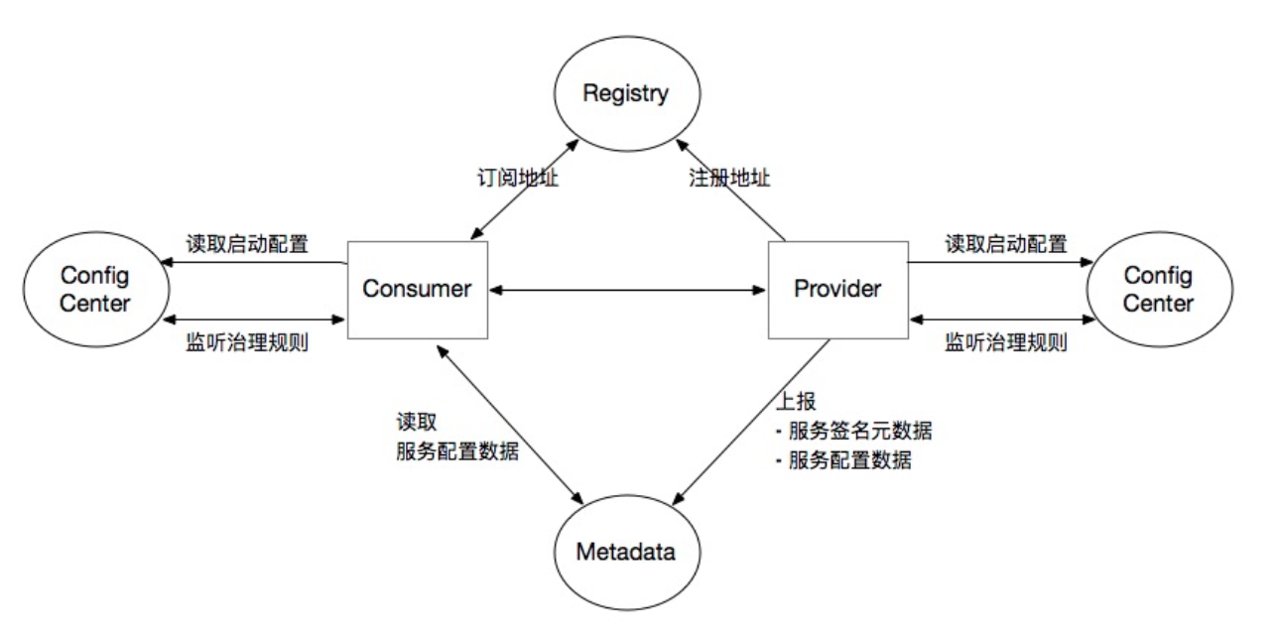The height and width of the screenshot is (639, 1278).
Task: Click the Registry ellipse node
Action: [x=627, y=93]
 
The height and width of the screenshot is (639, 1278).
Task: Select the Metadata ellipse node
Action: [x=627, y=553]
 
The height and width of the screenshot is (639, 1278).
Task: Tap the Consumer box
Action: [x=418, y=290]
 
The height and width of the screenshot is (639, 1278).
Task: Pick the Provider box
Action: [x=838, y=290]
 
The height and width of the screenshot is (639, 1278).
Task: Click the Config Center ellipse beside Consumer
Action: [x=96, y=290]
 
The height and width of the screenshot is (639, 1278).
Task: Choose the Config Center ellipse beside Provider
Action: [x=1159, y=290]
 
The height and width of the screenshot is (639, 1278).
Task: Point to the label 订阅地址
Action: [x=518, y=178]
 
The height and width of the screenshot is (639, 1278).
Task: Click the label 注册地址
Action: [x=729, y=178]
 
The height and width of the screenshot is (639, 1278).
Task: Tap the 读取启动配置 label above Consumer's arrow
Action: [x=247, y=244]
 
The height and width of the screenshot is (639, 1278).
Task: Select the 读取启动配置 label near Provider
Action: [x=1006, y=244]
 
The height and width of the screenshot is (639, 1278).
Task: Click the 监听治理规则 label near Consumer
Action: [x=247, y=342]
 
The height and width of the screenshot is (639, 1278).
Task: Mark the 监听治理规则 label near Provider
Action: [x=1006, y=342]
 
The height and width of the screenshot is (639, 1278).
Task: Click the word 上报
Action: [x=796, y=401]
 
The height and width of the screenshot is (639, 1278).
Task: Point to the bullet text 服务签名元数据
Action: [x=860, y=431]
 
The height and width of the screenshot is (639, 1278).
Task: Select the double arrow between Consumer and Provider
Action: [x=627, y=291]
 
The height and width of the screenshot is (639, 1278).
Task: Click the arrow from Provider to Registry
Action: [x=730, y=190]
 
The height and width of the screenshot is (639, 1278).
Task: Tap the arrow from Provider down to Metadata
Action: [x=751, y=423]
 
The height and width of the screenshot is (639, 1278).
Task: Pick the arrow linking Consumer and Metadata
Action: [x=510, y=425]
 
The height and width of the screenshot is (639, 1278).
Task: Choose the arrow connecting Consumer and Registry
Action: [x=525, y=190]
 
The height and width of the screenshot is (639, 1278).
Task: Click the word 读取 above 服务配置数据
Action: [x=417, y=423]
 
